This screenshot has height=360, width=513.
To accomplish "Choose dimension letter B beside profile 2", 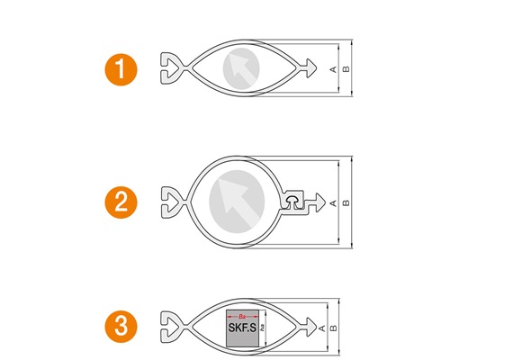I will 346,202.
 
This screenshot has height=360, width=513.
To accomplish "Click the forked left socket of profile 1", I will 170,67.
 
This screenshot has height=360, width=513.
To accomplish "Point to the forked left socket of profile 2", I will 170,202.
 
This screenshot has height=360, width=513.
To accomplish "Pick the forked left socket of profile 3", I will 170,326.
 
